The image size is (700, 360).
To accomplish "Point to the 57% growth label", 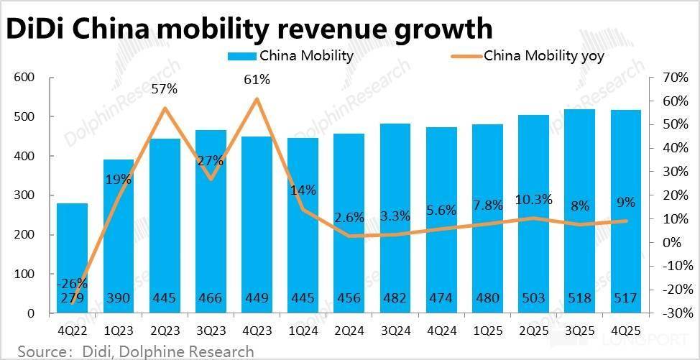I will [165, 90].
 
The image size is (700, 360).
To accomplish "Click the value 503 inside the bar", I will [533, 299].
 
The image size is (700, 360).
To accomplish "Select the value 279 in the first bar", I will [72, 299].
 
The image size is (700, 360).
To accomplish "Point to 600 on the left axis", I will [24, 77].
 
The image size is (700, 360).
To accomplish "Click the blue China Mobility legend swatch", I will [241, 56].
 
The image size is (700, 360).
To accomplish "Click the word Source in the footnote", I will [40, 351].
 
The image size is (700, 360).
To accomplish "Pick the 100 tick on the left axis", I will [24, 274].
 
